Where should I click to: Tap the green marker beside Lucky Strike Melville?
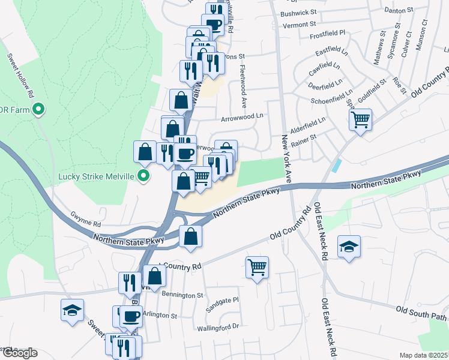coord(143,176)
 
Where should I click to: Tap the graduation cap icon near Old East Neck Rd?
coord(349,246)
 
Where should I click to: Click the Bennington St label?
coord(183,295)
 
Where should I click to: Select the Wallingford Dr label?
coord(218,328)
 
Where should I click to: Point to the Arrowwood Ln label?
coord(243,117)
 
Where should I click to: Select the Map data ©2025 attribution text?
coord(424,355)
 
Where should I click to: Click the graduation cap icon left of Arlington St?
coord(72,311)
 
